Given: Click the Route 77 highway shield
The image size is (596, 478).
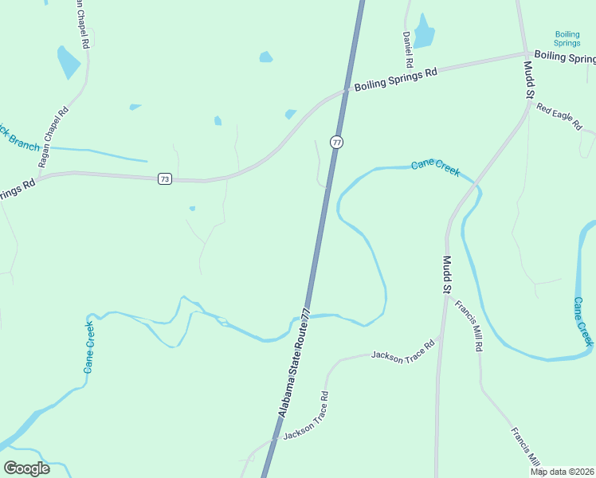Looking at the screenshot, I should [337, 142].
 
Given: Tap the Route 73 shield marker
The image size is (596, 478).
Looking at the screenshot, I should [164, 178].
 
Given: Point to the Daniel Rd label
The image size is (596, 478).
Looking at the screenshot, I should [407, 49].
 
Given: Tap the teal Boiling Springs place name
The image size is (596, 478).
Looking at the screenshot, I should [567, 38].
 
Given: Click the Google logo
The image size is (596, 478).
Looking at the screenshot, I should [27, 468].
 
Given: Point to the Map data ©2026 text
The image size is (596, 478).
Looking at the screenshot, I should [562, 472].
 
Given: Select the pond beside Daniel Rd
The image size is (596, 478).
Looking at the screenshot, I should [424, 33].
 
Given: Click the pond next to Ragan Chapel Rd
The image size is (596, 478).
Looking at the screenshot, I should [69, 62].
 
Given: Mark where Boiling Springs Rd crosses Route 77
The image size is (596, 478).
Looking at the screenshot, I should [347, 92].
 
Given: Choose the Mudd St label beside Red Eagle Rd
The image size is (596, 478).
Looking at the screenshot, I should [528, 80].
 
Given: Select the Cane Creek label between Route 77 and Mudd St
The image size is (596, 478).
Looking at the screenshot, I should [435, 167].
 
